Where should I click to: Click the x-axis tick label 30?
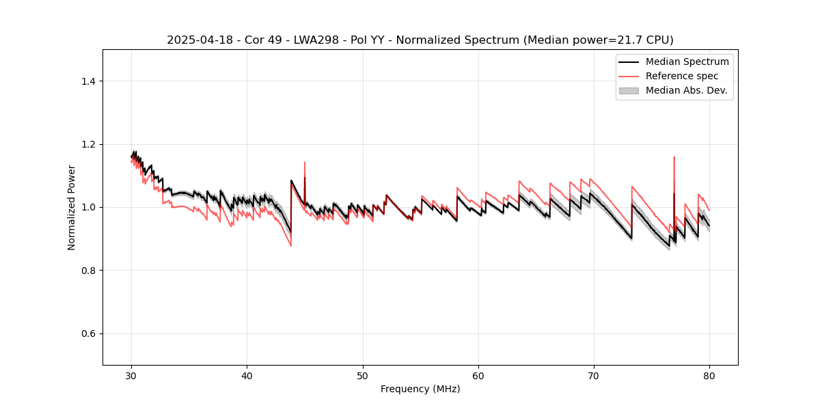click(x=131, y=375)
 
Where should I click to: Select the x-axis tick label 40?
click(x=247, y=375)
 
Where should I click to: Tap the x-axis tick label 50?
click(x=363, y=375)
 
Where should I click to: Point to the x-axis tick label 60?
click(x=478, y=375)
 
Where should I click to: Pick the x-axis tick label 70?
click(x=594, y=375)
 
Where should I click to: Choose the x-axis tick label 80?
click(x=709, y=375)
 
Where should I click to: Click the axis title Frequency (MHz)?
click(x=420, y=389)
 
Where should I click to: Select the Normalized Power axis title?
click(x=72, y=207)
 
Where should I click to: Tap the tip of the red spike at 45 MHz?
click(x=305, y=163)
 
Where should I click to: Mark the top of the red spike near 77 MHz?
click(x=674, y=157)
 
